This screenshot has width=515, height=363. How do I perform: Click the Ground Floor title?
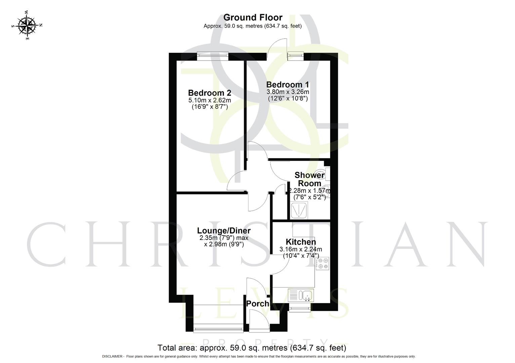point(253,17)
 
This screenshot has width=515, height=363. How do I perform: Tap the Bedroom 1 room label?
point(287,84)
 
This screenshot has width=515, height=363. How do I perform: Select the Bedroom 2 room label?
point(209,93)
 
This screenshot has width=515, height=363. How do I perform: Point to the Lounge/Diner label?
point(224,231)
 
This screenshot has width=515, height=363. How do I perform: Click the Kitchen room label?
point(301,242)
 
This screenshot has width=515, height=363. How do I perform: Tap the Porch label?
point(257,304)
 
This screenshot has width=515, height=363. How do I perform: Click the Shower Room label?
point(309,179)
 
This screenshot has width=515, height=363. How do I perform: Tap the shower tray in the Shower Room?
point(299,210)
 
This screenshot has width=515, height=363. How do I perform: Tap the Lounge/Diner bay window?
point(219,328)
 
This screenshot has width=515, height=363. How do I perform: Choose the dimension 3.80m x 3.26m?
point(287,92)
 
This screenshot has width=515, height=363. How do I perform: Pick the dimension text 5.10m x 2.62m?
point(209,100)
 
